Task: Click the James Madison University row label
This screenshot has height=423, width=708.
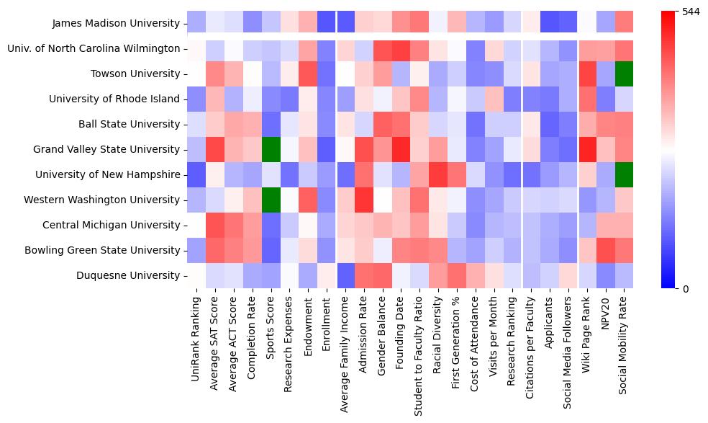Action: tap(116, 23)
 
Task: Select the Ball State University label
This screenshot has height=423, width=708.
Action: tap(127, 124)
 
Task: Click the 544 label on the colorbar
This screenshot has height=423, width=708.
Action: tap(691, 12)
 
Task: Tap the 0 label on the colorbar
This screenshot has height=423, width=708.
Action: tap(685, 288)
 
